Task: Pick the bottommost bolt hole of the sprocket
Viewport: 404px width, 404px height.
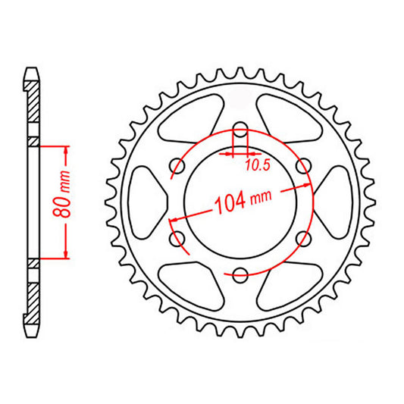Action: click(240, 274)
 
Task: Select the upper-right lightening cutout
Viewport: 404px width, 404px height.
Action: click(290, 117)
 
